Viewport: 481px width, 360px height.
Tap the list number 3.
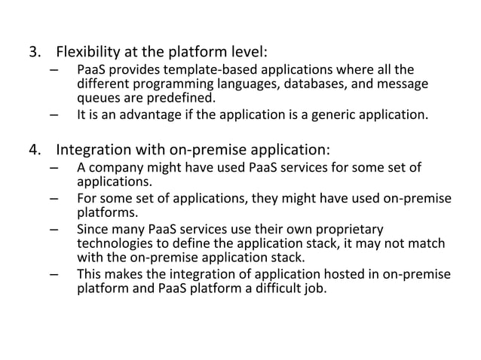click(x=34, y=53)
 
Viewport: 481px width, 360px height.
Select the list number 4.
click(x=34, y=148)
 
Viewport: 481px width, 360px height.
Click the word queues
click(x=99, y=98)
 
